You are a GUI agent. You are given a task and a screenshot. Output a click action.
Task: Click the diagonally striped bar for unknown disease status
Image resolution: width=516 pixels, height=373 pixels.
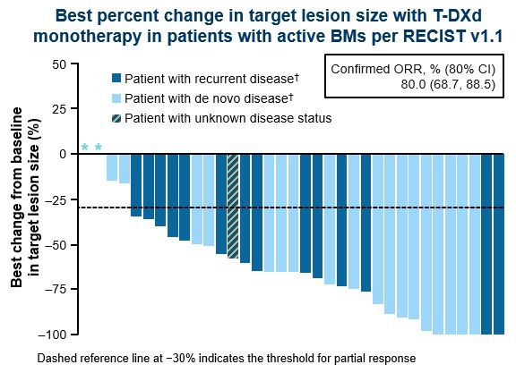pos(233,206)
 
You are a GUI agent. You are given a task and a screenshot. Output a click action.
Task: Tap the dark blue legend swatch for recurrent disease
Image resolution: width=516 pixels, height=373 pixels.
pos(116,78)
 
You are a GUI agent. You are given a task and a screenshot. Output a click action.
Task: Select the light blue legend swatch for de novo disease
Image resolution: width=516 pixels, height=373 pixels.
pos(116,98)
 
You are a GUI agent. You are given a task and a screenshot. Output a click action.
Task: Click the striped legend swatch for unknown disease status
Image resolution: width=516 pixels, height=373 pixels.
pos(116,118)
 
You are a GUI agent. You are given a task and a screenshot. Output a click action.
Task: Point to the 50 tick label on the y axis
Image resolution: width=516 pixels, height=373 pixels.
pos(59,64)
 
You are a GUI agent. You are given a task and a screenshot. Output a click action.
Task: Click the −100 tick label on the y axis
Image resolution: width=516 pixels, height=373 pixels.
pos(53,335)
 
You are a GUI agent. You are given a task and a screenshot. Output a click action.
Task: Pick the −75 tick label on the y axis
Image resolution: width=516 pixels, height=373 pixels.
pos(56,290)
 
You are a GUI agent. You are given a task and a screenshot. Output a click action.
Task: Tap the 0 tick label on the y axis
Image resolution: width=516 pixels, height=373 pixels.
pos(63,154)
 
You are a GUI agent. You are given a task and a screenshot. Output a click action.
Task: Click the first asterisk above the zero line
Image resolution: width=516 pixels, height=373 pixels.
pos(84,148)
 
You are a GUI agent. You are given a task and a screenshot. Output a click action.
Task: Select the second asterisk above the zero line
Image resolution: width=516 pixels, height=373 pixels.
pos(98,148)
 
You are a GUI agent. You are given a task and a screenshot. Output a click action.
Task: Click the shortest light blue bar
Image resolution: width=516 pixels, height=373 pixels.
pos(112,167)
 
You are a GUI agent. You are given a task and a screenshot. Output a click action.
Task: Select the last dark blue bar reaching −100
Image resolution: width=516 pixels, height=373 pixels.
pos(499,244)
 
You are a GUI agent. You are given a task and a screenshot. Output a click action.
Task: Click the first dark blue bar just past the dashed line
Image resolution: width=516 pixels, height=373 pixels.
pos(136,185)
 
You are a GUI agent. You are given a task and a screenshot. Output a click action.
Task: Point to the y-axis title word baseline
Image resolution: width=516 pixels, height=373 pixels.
pos(16,140)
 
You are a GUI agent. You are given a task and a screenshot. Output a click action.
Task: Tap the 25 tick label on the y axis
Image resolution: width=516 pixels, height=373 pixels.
pos(59,109)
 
